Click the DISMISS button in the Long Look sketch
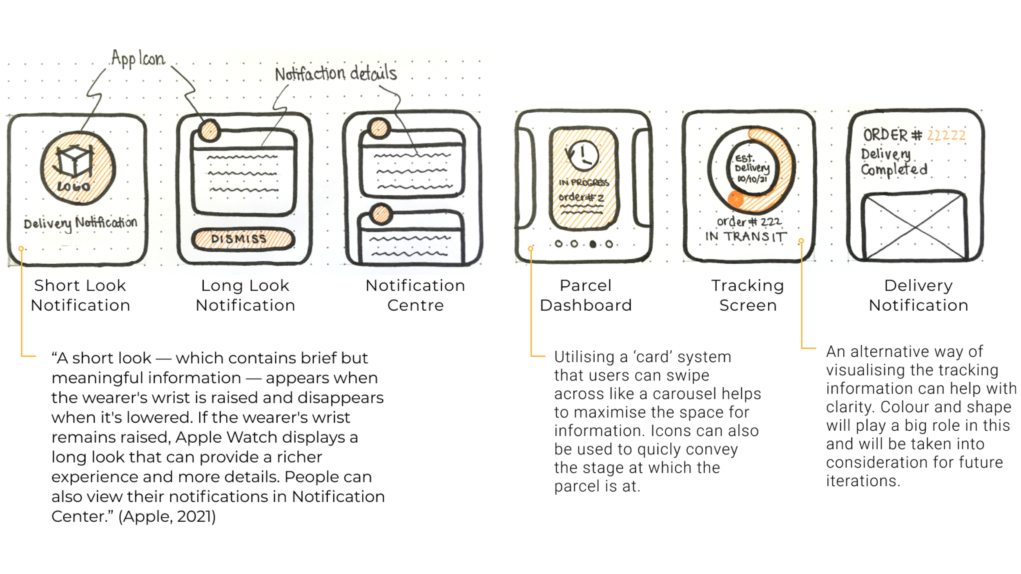[243, 239]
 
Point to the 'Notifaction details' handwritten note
[336, 74]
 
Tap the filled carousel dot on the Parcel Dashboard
[593, 244]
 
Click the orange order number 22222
[946, 135]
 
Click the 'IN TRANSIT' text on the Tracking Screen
[746, 237]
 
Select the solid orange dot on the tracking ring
[736, 199]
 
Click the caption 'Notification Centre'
[415, 295]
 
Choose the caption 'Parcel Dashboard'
[586, 295]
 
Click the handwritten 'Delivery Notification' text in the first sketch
[80, 223]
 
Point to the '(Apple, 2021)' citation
[167, 516]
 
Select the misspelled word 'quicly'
[657, 449]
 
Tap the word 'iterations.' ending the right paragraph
[863, 481]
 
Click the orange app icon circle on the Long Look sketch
[209, 131]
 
